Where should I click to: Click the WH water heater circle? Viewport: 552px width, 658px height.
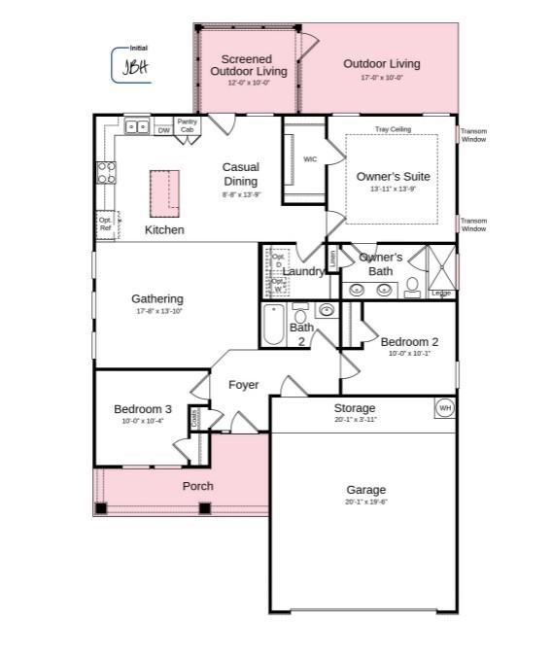(x=445, y=407)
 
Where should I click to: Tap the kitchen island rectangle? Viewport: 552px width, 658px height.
(x=165, y=192)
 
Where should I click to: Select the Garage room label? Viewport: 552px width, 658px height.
(x=365, y=490)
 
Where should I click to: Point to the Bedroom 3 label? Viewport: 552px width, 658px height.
(x=143, y=409)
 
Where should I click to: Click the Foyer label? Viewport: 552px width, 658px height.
(x=243, y=385)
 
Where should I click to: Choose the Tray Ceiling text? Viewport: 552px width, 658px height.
(x=394, y=129)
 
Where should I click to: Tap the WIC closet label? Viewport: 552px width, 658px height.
(x=310, y=159)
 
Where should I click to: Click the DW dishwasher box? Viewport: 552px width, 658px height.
(x=163, y=129)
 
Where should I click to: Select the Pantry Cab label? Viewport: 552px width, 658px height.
(x=187, y=125)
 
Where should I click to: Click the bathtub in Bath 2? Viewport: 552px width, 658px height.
(x=274, y=326)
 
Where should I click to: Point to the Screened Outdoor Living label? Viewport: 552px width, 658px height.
(x=249, y=65)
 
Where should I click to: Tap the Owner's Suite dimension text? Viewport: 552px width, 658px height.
(x=393, y=190)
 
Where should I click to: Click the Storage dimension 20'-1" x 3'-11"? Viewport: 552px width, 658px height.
(x=354, y=420)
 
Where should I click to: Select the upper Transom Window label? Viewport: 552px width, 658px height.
(x=473, y=135)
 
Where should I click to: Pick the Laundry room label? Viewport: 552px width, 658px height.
(x=304, y=271)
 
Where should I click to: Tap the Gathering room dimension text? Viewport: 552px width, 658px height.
(x=157, y=312)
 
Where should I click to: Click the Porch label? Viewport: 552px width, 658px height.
(x=197, y=486)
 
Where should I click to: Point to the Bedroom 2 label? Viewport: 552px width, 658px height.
(x=409, y=342)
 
